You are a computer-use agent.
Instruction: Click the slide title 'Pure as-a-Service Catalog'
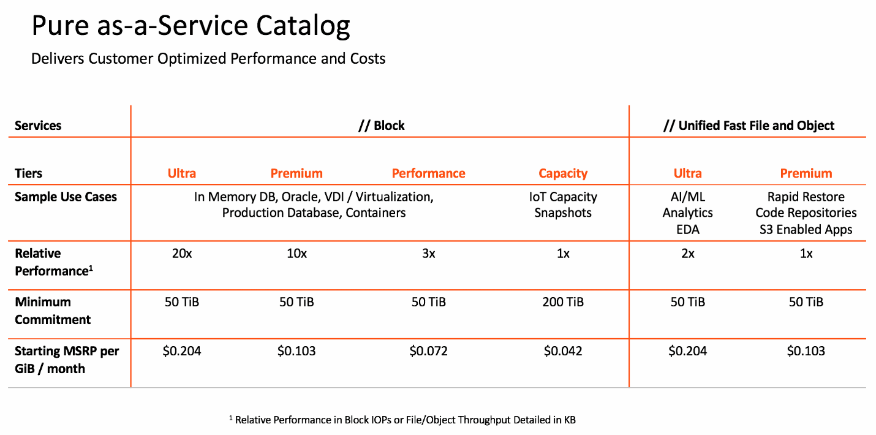click(191, 27)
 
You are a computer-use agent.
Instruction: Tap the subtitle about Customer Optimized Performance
click(208, 59)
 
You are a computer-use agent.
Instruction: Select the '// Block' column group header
click(381, 126)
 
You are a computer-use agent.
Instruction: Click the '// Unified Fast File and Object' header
click(749, 126)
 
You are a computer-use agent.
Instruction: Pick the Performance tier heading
click(428, 173)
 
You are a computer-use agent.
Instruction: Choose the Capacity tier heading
click(563, 173)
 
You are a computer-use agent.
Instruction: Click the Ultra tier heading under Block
click(182, 173)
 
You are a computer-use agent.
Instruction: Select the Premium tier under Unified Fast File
click(806, 173)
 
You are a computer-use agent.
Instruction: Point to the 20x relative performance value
click(182, 254)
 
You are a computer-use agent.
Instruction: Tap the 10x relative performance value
click(296, 254)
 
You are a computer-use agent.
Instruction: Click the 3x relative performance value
click(428, 254)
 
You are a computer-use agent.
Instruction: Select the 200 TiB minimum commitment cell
click(563, 302)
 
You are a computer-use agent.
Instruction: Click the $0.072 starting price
click(428, 351)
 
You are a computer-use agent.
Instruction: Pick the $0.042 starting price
click(563, 351)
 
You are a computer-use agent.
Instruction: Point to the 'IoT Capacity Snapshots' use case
click(563, 205)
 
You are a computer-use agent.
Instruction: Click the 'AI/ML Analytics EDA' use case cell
click(687, 213)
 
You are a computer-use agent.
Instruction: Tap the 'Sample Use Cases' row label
click(66, 197)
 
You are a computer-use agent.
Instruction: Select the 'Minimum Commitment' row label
click(53, 311)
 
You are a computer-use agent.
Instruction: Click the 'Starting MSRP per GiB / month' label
click(67, 360)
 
